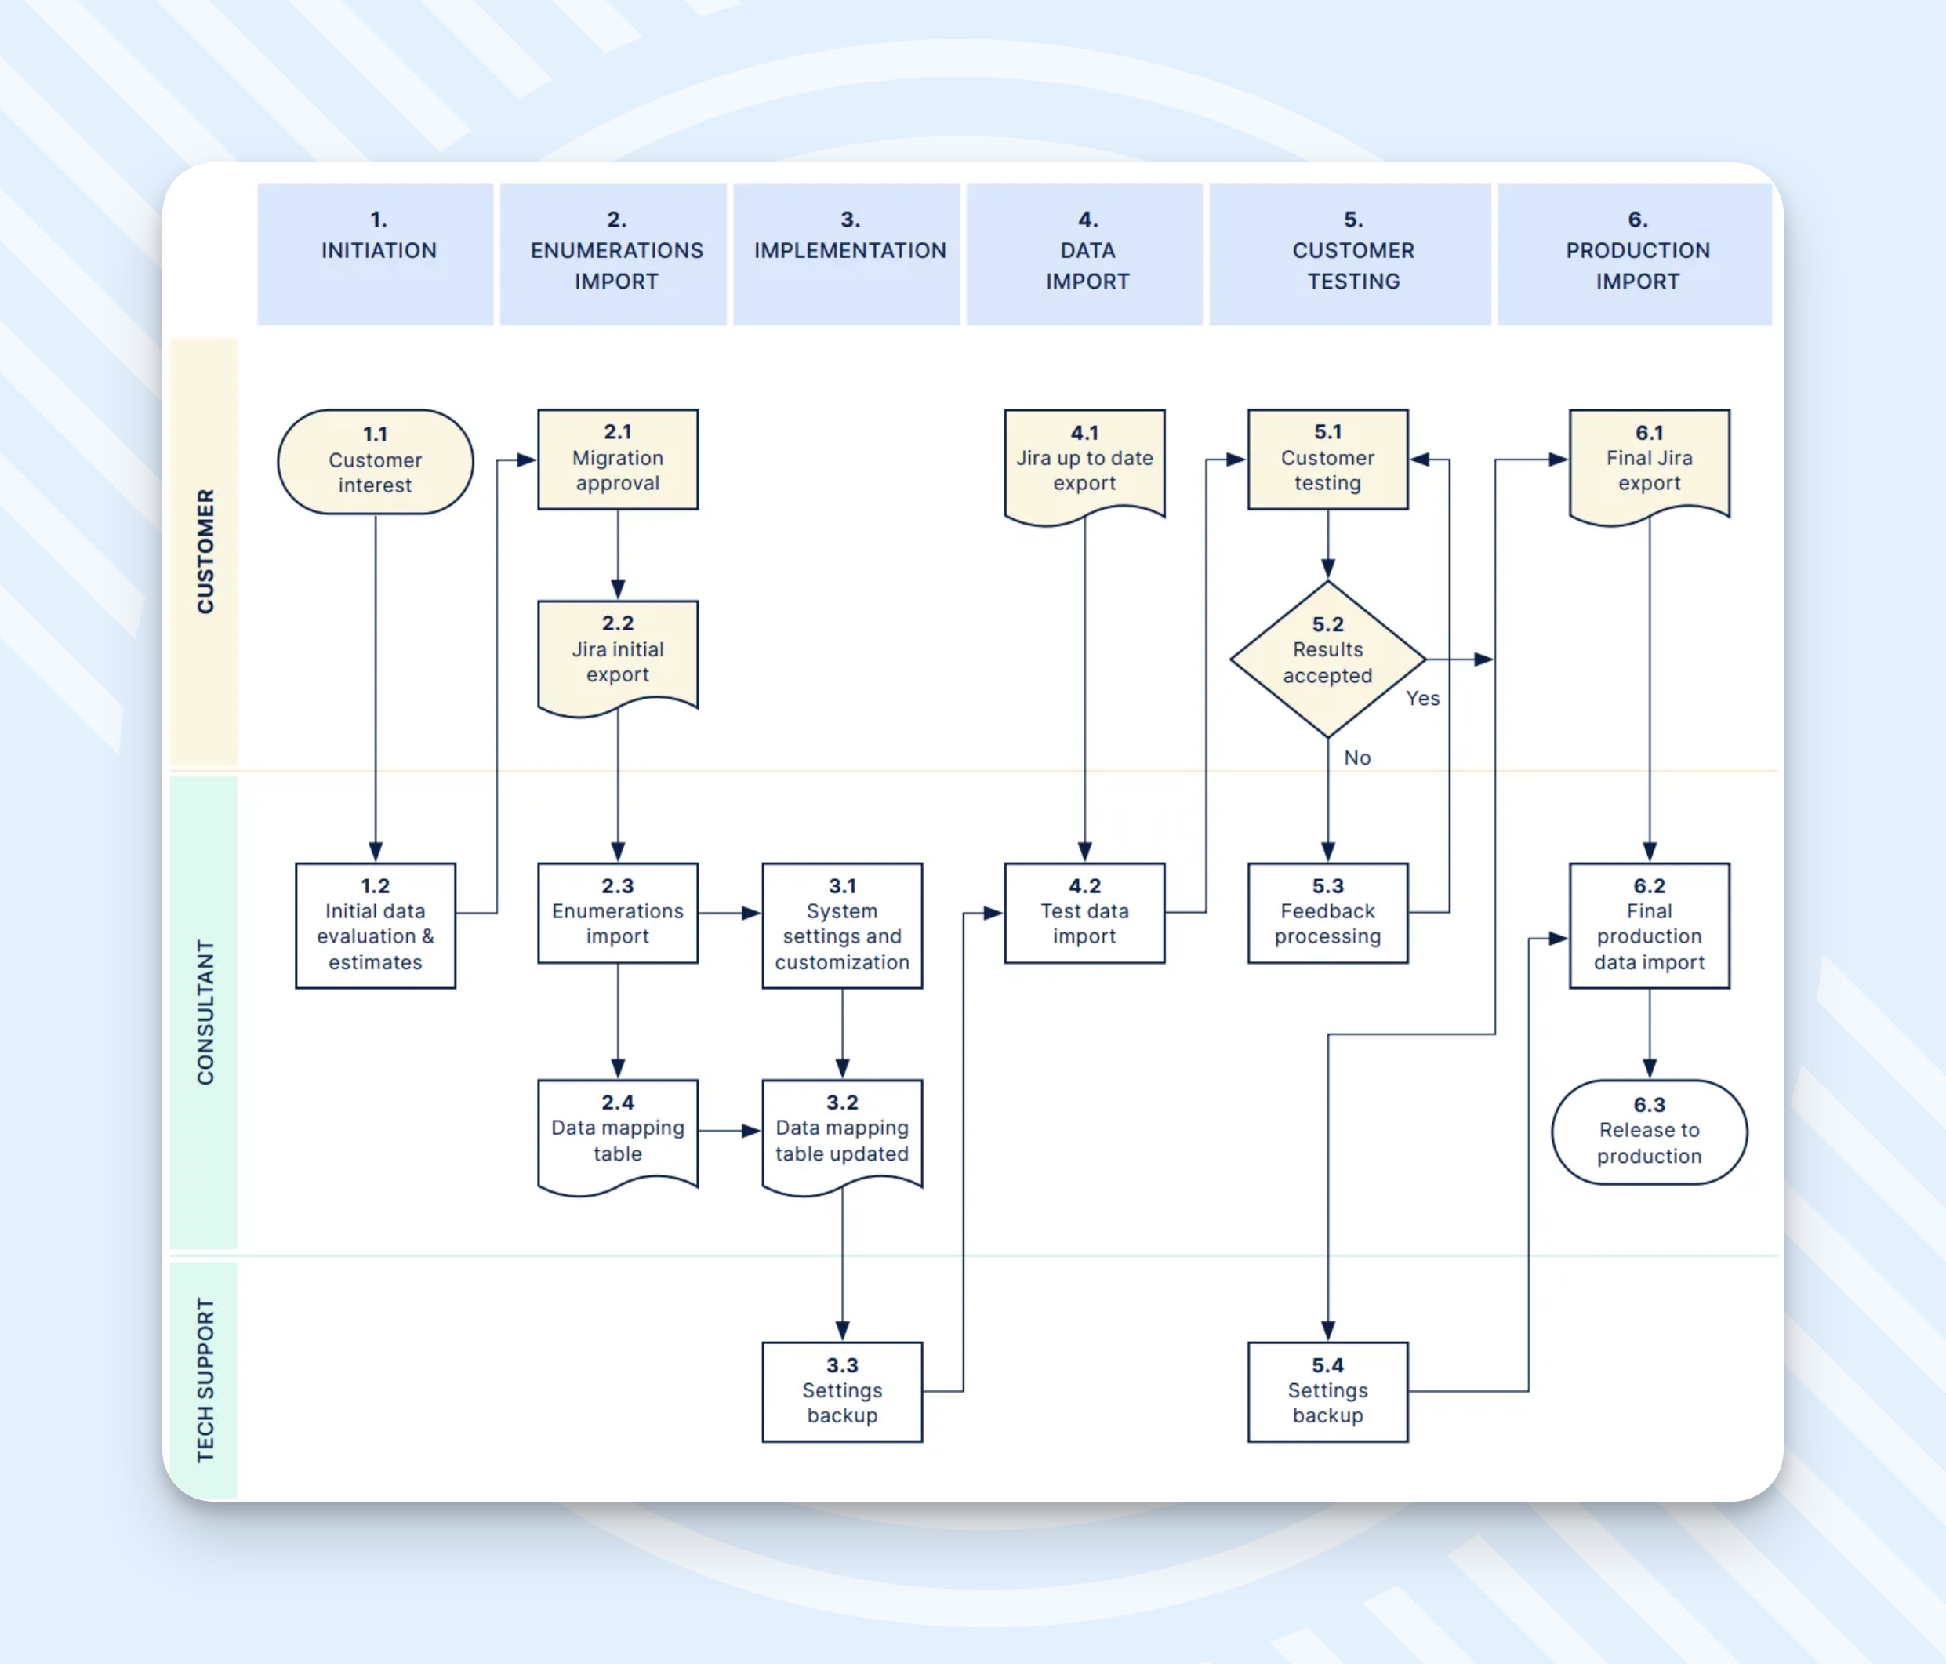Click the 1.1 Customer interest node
[375, 460]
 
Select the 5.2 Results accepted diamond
[1327, 659]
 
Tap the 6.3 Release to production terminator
[1648, 1132]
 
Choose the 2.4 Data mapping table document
[617, 1133]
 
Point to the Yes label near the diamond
[1422, 698]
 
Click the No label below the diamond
[1356, 758]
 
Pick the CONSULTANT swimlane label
[205, 1011]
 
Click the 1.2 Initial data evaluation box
[375, 925]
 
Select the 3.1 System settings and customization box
[841, 925]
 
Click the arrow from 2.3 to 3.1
[729, 912]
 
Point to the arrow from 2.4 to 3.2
[729, 1130]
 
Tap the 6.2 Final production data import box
[1648, 925]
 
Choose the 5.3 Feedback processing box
[1327, 912]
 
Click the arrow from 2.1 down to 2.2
[617, 554]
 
